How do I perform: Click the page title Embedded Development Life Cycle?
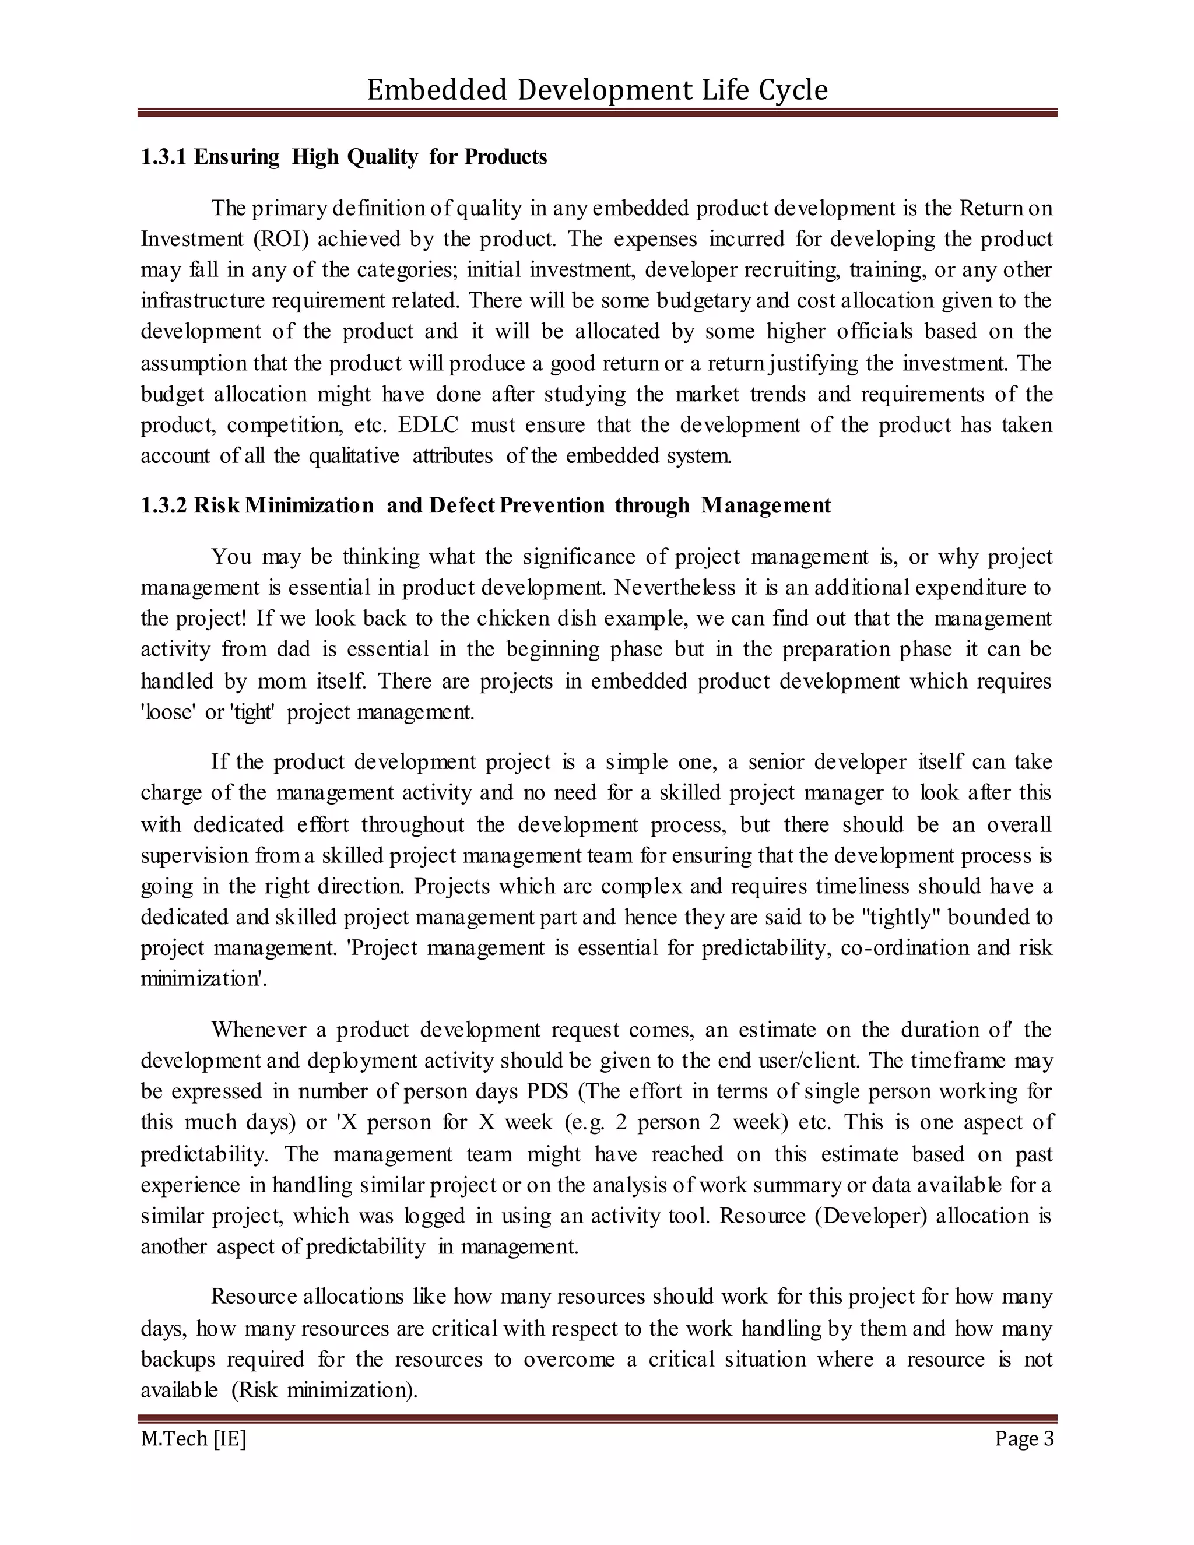coord(596,90)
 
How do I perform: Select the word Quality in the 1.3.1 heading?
coord(382,157)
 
